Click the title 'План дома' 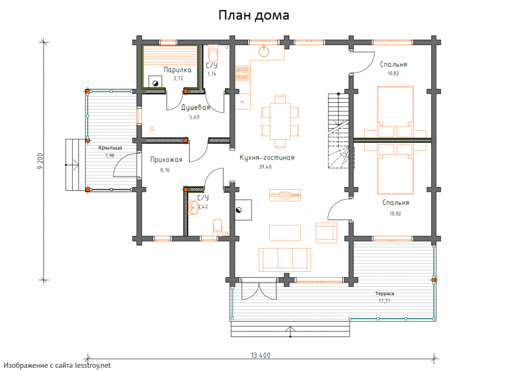coord(254,15)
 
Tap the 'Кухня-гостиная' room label coord(267,157)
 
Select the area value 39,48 coord(265,167)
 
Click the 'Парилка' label coord(178,69)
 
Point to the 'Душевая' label coord(196,108)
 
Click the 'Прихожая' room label coord(166,160)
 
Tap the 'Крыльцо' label coord(110,148)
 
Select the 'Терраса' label coord(385,294)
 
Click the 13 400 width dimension coord(261,355)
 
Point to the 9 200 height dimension coord(40,161)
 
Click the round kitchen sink coord(264,51)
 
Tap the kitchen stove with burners coord(243,73)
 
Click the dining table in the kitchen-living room coord(280,121)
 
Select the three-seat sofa coord(285,260)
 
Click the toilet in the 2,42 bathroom coord(217,227)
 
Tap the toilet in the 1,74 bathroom coord(212,54)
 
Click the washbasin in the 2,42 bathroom coord(193,208)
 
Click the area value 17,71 coord(385,301)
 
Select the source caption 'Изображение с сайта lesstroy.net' coord(57,366)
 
